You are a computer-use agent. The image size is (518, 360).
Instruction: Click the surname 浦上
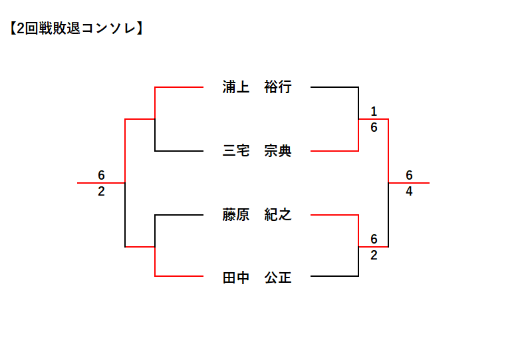[x=236, y=87]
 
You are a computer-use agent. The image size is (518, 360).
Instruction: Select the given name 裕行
[x=277, y=87]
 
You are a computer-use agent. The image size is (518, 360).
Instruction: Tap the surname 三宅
[x=236, y=151]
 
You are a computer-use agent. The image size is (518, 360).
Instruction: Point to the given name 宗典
[x=277, y=151]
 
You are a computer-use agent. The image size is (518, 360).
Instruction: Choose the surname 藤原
[x=236, y=215]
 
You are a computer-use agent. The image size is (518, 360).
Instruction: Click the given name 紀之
[x=277, y=215]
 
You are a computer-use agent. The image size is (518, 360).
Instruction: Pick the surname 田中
[x=236, y=278]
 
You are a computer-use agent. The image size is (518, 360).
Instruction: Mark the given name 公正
[x=277, y=278]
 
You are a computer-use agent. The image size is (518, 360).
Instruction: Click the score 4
[x=409, y=192]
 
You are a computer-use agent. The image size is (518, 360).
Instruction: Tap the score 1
[x=374, y=111]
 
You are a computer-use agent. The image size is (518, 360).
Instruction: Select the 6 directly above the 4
[x=409, y=175]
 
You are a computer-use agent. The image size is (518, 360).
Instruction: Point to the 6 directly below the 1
[x=374, y=128]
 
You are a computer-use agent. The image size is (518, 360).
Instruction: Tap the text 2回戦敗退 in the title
[x=49, y=29]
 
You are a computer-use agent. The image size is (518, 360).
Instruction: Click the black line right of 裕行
[x=334, y=87]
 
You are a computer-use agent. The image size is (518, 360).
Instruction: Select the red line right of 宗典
[x=334, y=151]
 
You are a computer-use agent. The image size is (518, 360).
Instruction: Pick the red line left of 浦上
[x=178, y=87]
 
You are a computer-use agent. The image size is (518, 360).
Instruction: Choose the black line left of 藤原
[x=178, y=215]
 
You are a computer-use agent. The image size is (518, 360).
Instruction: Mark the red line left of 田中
[x=178, y=275]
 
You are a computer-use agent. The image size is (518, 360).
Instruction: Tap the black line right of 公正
[x=334, y=275]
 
